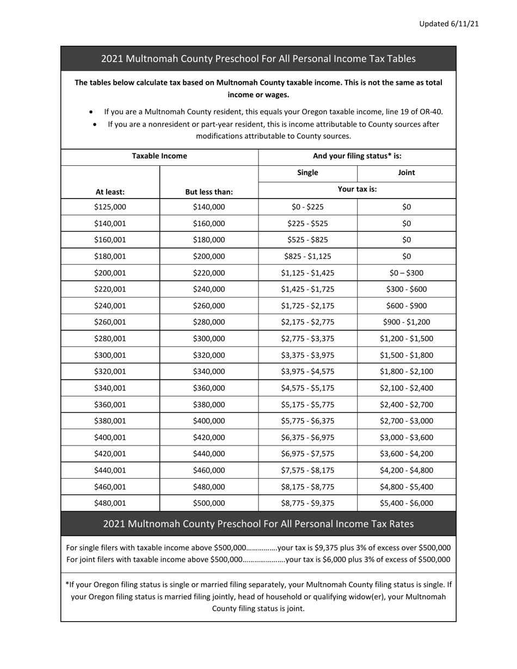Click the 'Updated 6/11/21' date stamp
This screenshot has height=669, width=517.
click(448, 24)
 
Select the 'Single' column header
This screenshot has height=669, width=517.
click(307, 172)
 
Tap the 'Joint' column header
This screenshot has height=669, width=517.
click(407, 172)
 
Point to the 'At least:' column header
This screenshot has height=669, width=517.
click(110, 192)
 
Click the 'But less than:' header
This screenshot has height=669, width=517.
click(209, 192)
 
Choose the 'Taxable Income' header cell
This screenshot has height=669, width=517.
click(159, 156)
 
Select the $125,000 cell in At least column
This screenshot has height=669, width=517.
click(110, 207)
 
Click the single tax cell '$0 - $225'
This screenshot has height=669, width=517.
click(307, 207)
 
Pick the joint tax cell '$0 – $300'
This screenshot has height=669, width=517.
click(407, 273)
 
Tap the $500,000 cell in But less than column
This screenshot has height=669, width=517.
click(209, 504)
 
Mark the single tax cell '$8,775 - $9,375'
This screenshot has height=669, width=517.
click(307, 504)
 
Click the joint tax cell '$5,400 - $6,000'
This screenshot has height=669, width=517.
click(407, 504)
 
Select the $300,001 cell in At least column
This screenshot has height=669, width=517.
click(110, 356)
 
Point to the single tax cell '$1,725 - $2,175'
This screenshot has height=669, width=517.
click(307, 306)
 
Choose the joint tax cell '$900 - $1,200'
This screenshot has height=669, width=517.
click(407, 323)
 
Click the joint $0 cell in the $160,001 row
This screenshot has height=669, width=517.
click(407, 240)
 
